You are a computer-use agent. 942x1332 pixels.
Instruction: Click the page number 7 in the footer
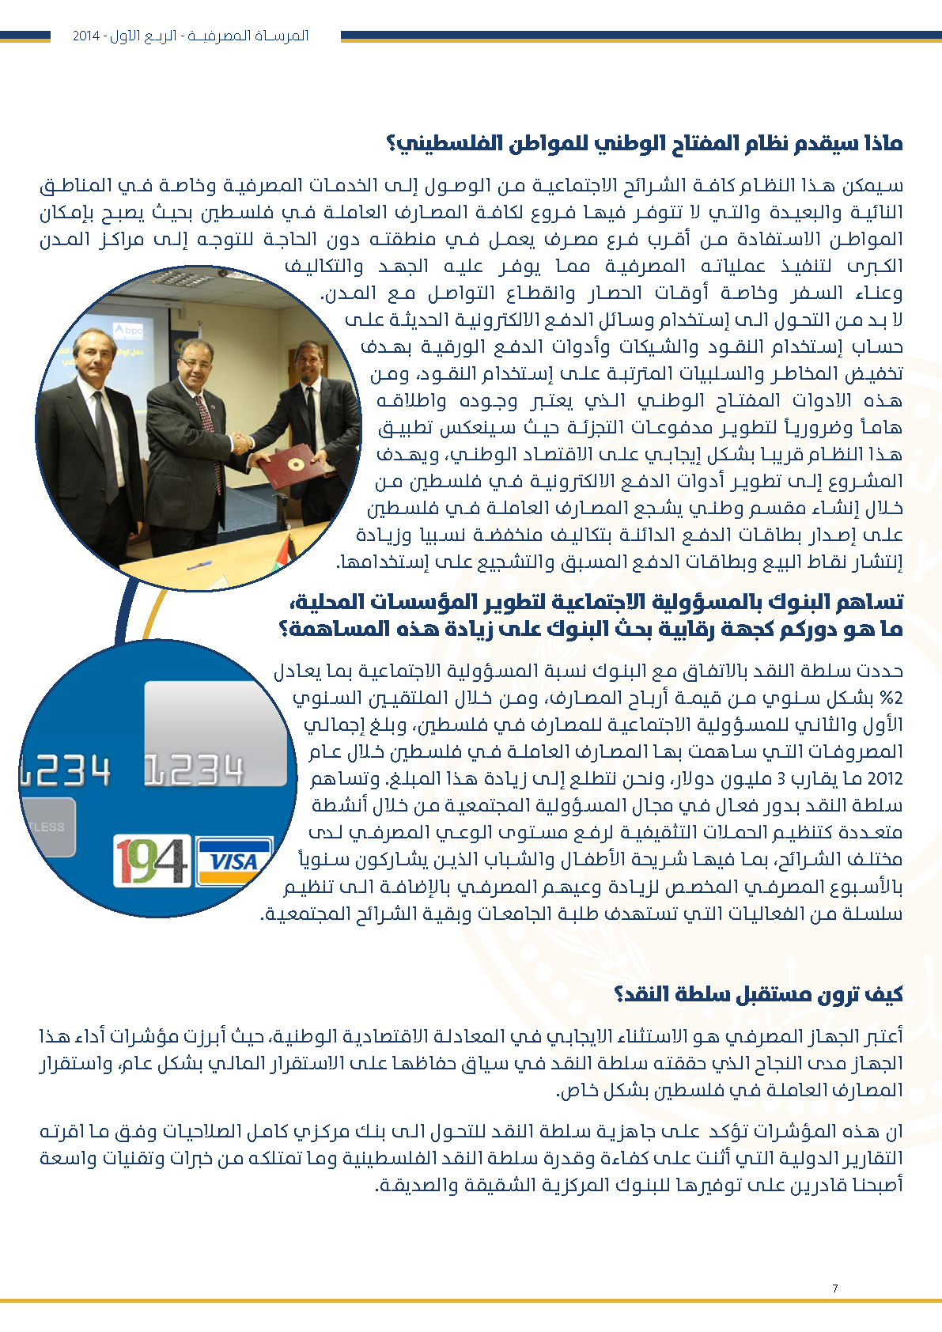(x=834, y=1288)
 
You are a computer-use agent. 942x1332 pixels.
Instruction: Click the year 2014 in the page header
(x=85, y=36)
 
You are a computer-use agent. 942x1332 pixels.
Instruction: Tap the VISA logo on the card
(x=233, y=861)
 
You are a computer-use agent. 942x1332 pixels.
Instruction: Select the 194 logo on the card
(x=152, y=861)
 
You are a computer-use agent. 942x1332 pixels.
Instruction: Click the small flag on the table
(x=290, y=547)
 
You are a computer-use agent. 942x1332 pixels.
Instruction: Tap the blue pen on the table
(x=197, y=565)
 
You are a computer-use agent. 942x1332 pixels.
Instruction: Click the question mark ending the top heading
(x=392, y=144)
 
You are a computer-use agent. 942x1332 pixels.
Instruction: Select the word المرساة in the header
(x=283, y=36)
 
